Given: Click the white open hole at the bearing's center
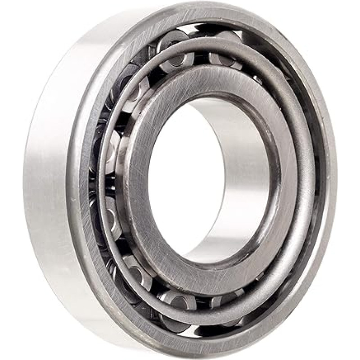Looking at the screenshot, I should pyautogui.click(x=180, y=180).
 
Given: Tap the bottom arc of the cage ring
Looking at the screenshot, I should pyautogui.click(x=202, y=315).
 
